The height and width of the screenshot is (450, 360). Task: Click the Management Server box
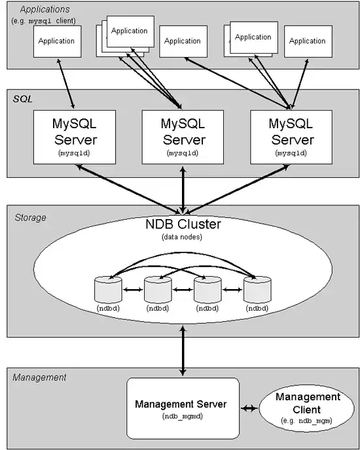coord(183,408)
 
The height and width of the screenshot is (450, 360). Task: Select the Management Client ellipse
coord(306,408)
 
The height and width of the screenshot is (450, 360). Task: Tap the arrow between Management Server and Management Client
coord(249,408)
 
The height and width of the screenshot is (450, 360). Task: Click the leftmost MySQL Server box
coord(75,137)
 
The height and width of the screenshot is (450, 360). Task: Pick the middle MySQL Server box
coord(183,137)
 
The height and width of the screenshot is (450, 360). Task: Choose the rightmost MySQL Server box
coord(291,137)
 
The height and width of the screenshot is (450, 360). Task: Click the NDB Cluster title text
coord(183,224)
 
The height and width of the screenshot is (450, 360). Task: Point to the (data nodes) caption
coord(182,237)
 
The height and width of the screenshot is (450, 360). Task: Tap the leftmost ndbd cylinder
coord(108,289)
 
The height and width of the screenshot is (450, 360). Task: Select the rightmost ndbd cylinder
coord(257,289)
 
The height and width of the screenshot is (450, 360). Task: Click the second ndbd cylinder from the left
coord(158,289)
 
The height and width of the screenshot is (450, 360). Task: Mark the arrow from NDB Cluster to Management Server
coord(183,351)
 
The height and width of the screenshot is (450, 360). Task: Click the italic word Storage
coord(30,218)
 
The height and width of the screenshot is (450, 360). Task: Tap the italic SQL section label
coord(22,99)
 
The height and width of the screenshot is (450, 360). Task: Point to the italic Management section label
coord(39,377)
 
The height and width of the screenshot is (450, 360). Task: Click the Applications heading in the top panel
coord(45,9)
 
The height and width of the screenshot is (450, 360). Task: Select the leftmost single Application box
coord(57,41)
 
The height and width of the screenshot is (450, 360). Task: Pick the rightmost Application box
coord(308,41)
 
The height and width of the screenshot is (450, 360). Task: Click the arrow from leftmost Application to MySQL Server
coord(66,84)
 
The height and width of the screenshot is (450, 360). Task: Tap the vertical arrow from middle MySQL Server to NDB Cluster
coord(183,190)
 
